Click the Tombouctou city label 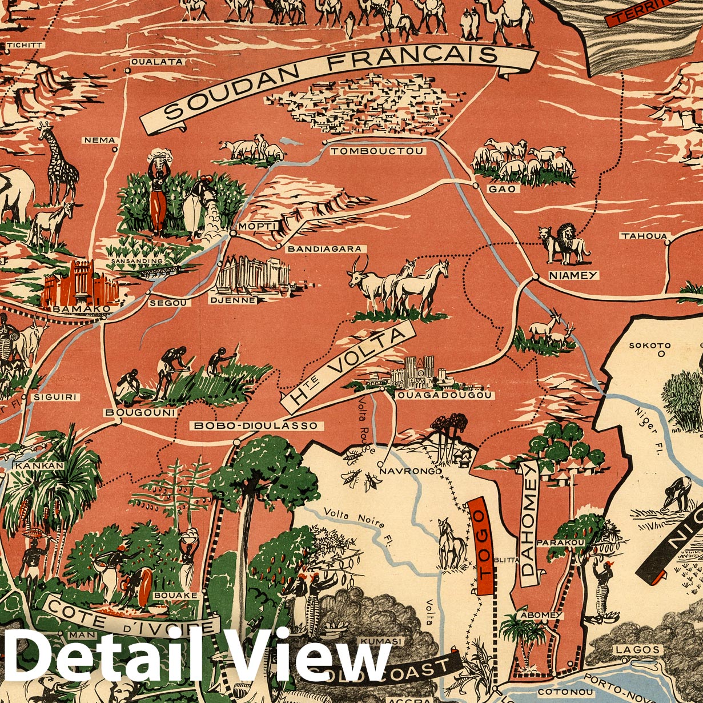pos(377,151)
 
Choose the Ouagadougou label pos(443,395)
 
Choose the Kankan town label pos(39,466)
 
